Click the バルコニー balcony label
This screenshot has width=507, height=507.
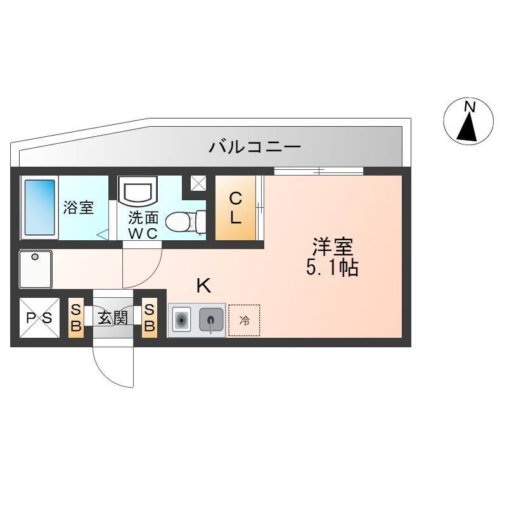(255, 147)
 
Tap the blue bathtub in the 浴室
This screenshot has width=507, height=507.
(40, 207)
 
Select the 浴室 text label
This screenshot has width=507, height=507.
(78, 207)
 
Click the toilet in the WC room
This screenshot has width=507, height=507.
(186, 222)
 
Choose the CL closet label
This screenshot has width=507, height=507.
(236, 208)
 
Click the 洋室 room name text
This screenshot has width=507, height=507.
(332, 247)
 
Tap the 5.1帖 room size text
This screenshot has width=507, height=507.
(332, 267)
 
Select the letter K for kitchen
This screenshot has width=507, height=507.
(204, 286)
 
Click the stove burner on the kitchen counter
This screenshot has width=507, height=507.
(181, 319)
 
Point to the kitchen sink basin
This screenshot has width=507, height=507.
(211, 319)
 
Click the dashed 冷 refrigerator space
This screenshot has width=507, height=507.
(244, 320)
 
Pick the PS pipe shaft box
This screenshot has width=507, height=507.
(39, 318)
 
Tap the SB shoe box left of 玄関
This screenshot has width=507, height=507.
(76, 318)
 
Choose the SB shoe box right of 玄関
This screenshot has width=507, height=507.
(150, 318)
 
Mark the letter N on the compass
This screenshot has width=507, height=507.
(470, 106)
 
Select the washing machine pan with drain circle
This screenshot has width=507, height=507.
(35, 269)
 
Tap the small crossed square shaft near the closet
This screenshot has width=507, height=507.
(198, 183)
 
